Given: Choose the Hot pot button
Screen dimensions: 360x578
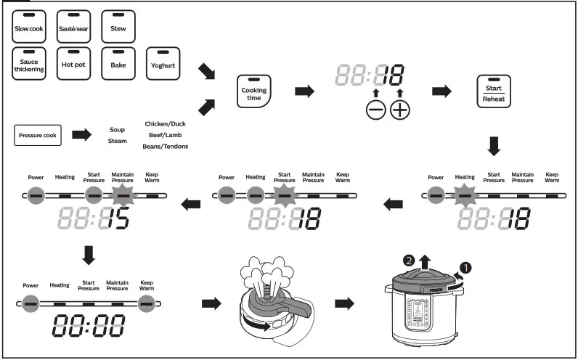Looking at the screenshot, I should [x=73, y=64].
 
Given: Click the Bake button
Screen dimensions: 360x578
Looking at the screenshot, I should [x=118, y=64].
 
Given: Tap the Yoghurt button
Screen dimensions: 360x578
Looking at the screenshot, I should [x=163, y=64].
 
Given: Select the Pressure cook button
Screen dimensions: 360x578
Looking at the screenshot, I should [x=38, y=135].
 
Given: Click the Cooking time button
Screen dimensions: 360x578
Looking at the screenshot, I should [x=254, y=94].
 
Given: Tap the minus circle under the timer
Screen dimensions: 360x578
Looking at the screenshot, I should [x=375, y=110].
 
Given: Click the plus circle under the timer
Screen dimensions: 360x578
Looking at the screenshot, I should [x=400, y=110].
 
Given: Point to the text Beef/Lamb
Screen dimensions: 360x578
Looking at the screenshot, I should [x=165, y=135].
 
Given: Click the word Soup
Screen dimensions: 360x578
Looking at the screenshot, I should [x=117, y=130].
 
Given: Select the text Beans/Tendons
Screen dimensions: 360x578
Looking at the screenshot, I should [x=165, y=147].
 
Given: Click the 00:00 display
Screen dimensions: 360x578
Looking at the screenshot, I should [x=88, y=326].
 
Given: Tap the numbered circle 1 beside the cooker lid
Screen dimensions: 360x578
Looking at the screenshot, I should [x=465, y=267].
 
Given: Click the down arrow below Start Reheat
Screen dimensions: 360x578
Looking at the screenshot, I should [x=494, y=147].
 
